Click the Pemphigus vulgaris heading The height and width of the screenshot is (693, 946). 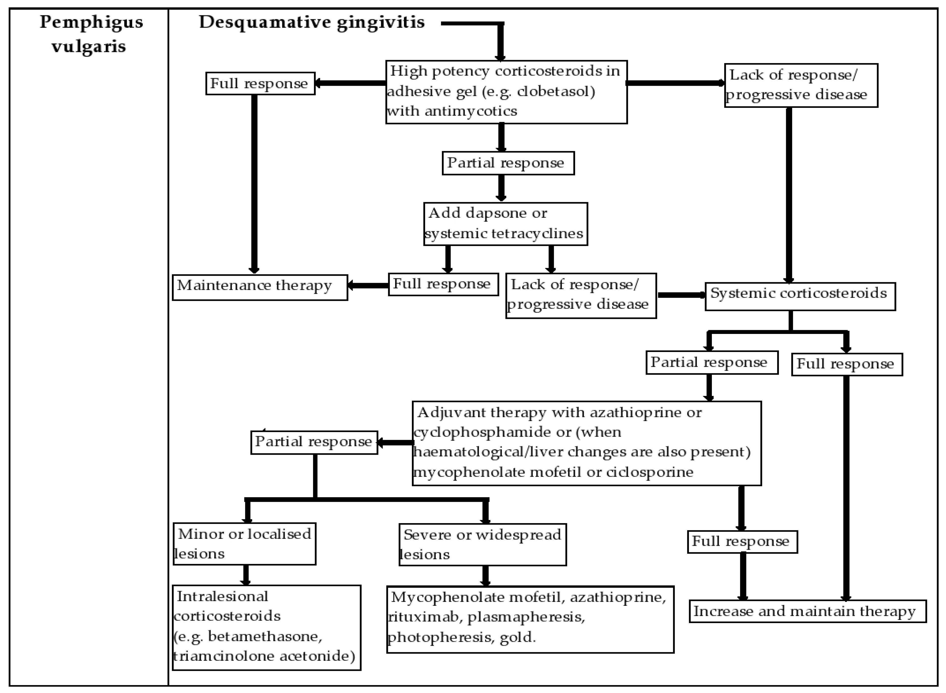[91, 34]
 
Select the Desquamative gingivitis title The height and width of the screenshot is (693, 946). [311, 22]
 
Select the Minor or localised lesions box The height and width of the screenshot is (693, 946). [244, 544]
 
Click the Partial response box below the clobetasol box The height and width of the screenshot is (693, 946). [508, 163]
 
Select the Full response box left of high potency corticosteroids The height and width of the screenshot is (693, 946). [260, 83]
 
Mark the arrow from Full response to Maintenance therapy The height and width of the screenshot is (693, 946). [368, 286]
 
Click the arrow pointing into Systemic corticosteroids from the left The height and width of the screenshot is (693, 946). [681, 295]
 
